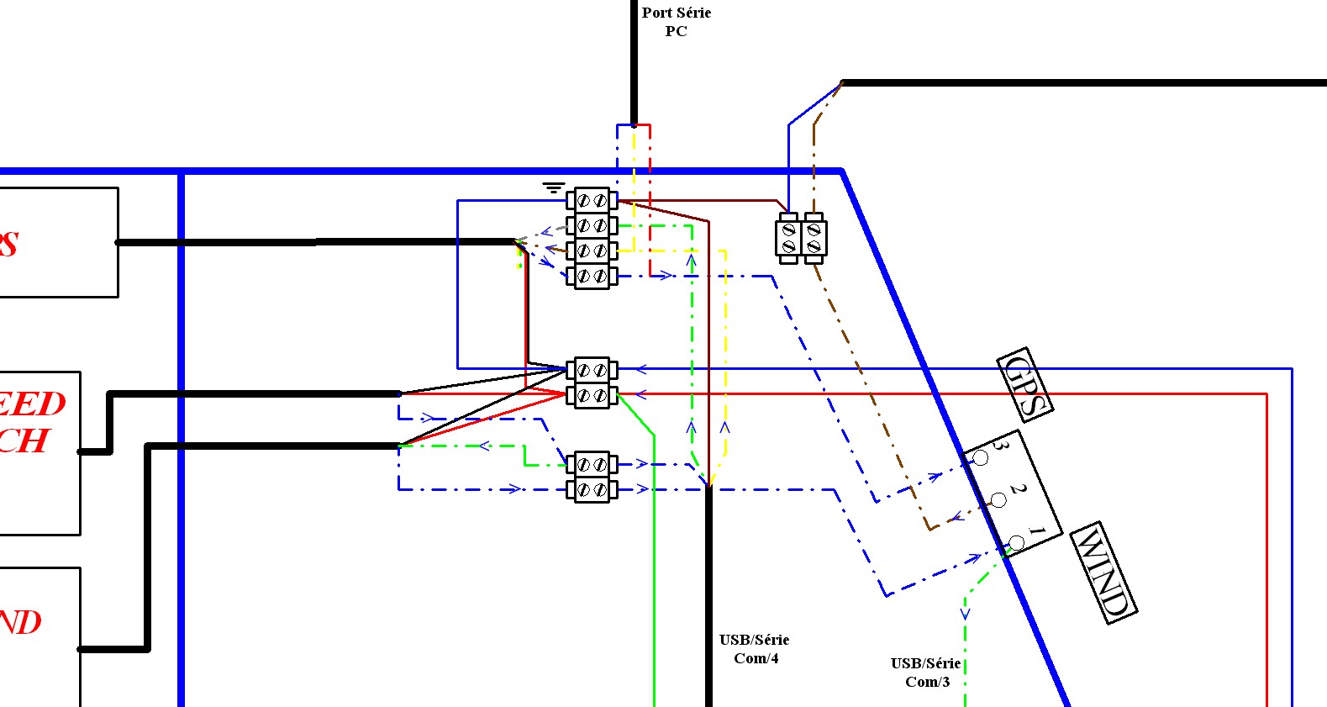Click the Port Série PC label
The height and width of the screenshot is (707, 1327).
pyautogui.click(x=676, y=22)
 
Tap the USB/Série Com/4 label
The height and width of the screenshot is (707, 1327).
pyautogui.click(x=754, y=649)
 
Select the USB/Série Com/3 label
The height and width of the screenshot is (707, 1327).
pyautogui.click(x=925, y=673)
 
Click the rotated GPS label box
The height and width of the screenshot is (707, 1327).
pyautogui.click(x=1024, y=384)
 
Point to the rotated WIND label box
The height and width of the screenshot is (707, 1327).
pyautogui.click(x=1104, y=572)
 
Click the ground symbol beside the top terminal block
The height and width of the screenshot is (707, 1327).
pyautogui.click(x=553, y=188)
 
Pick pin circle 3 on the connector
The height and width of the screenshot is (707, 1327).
pyautogui.click(x=980, y=458)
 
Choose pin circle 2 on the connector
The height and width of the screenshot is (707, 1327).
pyautogui.click(x=998, y=501)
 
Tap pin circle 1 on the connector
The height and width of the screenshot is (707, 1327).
pyautogui.click(x=1016, y=543)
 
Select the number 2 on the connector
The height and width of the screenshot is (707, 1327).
pyautogui.click(x=1019, y=488)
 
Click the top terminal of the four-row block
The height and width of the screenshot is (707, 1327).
pyautogui.click(x=592, y=201)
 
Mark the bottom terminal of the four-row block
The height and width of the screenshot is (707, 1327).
pyautogui.click(x=592, y=276)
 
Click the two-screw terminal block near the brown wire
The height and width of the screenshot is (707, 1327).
pyautogui.click(x=801, y=238)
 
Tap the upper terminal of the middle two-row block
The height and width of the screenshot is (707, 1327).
pyautogui.click(x=592, y=370)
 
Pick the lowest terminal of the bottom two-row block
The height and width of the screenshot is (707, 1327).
pyautogui.click(x=592, y=489)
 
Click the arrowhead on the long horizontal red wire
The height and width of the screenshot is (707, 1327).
pyautogui.click(x=641, y=393)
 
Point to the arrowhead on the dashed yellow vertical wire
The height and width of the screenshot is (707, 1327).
pyautogui.click(x=724, y=428)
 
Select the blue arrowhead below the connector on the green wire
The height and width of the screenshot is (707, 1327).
pyautogui.click(x=965, y=615)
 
